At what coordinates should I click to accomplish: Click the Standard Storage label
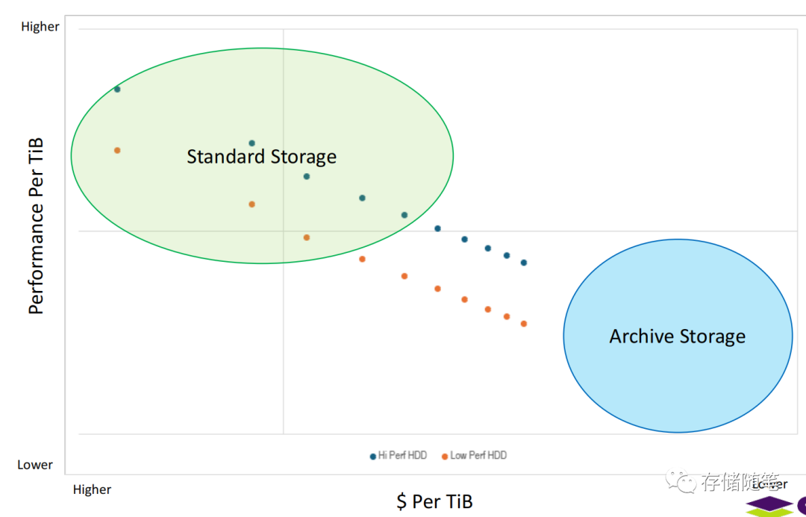click(261, 157)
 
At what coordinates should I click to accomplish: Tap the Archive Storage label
click(677, 336)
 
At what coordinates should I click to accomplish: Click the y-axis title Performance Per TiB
click(36, 226)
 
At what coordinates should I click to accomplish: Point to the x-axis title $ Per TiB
click(434, 501)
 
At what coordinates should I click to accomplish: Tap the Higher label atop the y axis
click(40, 27)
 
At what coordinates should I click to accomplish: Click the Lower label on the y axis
click(35, 465)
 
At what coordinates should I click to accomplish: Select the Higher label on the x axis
click(93, 489)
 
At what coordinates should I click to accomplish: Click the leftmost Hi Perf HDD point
click(117, 90)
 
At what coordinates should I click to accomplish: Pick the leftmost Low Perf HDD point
click(117, 150)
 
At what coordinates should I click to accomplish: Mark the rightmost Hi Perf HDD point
click(524, 263)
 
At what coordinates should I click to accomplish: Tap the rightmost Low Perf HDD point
click(524, 324)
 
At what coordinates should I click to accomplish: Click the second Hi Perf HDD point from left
click(252, 143)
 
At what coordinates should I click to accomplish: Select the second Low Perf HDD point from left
click(252, 204)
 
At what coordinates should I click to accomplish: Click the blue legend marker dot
click(372, 456)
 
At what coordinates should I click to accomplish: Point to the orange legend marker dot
click(445, 456)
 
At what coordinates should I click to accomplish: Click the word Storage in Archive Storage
click(711, 337)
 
